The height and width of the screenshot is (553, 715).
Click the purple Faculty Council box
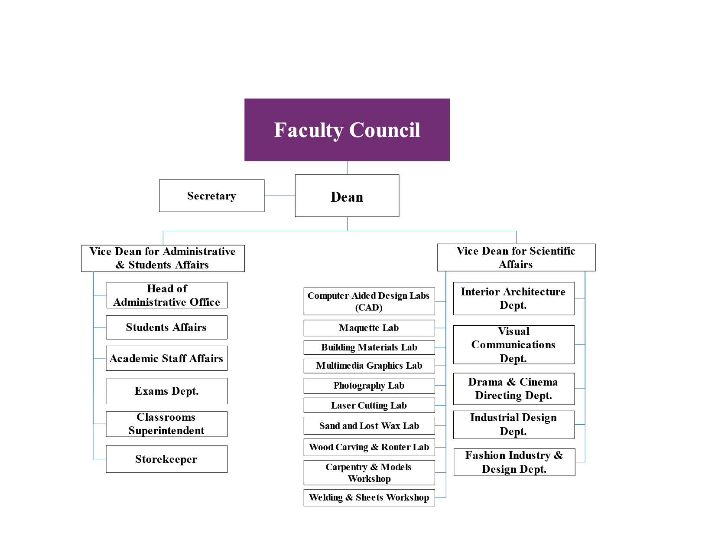[347, 130]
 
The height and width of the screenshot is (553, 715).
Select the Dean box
[347, 196]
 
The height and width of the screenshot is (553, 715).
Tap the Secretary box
[211, 196]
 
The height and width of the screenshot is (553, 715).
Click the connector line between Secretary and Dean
[279, 196]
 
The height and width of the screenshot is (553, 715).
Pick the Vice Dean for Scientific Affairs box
[516, 258]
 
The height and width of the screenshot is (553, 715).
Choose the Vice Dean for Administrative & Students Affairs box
[163, 258]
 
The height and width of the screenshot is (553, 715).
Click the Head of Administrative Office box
[167, 295]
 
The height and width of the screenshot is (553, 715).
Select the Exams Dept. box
[167, 391]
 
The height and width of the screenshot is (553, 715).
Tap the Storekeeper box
[166, 459]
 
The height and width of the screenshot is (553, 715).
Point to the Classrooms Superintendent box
[166, 424]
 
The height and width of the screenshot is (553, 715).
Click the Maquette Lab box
[369, 328]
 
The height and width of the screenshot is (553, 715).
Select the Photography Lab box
[369, 386]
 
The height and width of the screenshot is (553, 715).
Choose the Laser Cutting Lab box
[369, 406]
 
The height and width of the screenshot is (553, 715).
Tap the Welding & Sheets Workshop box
[369, 497]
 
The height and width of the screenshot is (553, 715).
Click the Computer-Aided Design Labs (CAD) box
[369, 301]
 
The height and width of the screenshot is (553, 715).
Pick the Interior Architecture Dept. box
[513, 298]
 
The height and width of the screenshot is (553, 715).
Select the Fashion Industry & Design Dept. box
[514, 462]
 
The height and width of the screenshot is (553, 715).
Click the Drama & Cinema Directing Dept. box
[513, 389]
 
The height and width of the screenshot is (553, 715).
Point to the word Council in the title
[385, 130]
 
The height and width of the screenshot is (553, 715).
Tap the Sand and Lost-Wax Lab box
[369, 426]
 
